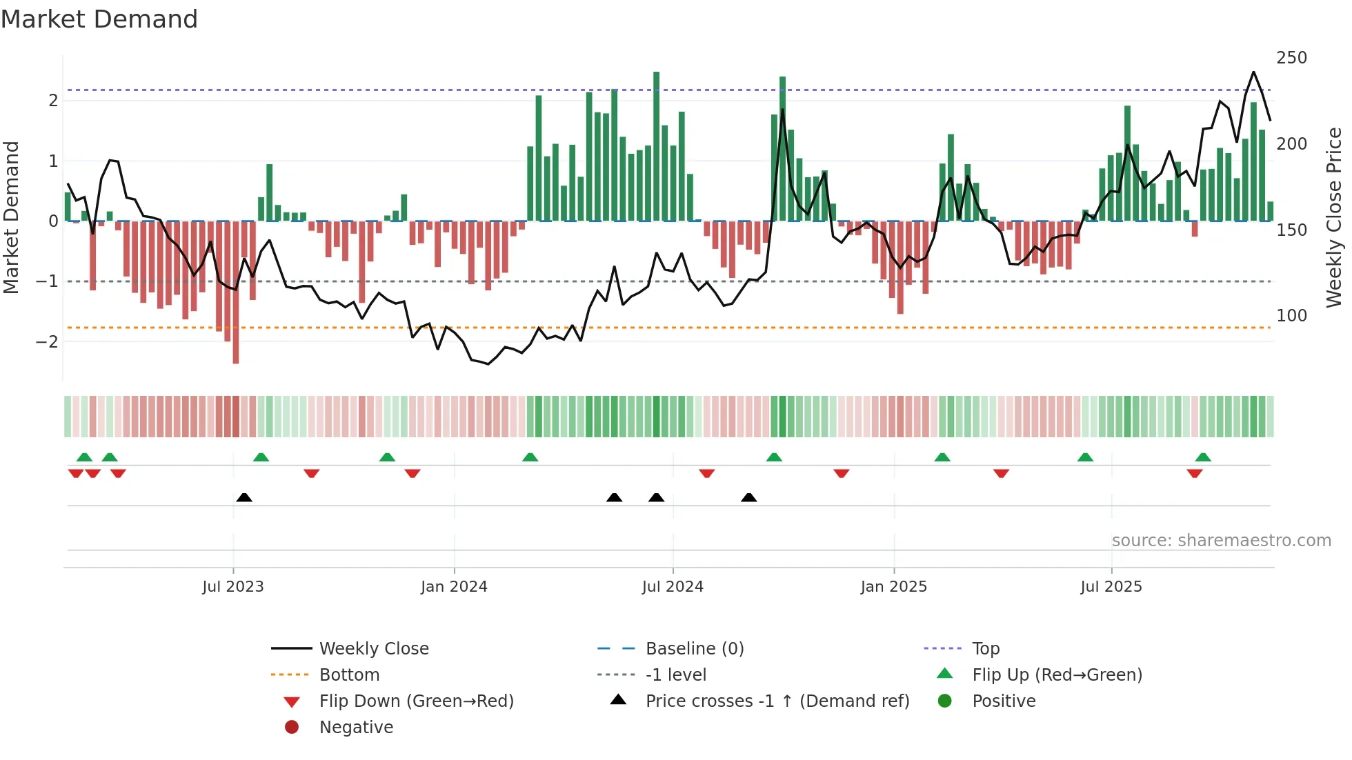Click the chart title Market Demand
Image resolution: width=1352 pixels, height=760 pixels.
99,19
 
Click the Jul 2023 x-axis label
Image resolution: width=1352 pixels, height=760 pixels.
232,586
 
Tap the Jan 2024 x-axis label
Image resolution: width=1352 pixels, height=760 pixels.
454,586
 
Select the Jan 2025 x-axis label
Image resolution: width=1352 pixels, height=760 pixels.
893,586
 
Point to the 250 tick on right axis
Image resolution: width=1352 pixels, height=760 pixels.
1291,58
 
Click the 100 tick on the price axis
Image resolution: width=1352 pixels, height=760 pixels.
1291,316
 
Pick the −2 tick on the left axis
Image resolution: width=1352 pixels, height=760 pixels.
47,341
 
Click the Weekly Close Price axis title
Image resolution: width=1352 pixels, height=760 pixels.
1334,217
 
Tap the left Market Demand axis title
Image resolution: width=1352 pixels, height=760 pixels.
11,217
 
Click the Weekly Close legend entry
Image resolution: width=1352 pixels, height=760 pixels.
373,648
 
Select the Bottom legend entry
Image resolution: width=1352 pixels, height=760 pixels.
349,674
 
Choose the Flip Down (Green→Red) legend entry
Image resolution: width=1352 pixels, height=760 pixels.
416,701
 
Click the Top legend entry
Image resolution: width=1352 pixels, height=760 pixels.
986,648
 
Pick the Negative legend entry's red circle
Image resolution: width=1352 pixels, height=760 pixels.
292,727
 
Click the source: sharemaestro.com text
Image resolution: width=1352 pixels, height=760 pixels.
1221,541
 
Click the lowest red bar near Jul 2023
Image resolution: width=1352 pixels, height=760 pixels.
236,292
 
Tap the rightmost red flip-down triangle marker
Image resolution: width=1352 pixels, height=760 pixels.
1195,473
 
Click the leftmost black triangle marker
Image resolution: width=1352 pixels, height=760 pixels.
244,497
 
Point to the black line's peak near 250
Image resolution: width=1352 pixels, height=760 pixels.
1253,72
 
